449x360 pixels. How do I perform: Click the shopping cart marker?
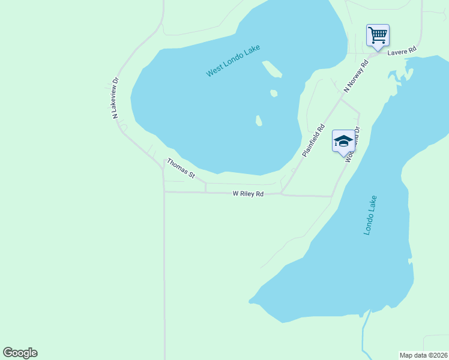(x=378, y=35)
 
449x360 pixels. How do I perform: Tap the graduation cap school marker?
(x=343, y=142)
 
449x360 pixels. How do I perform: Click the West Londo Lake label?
(x=229, y=63)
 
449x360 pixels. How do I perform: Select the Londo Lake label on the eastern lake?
(x=370, y=215)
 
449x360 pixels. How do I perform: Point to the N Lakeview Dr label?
(x=116, y=97)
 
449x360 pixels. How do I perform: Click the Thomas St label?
(x=181, y=168)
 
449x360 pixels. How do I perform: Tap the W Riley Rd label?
(x=249, y=194)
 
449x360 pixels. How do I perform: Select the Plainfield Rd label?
(x=313, y=140)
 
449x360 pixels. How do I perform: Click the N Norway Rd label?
(x=356, y=76)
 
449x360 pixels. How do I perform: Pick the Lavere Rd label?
(x=402, y=52)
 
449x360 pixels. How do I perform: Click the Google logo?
(x=20, y=353)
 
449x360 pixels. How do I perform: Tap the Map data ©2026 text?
(x=423, y=355)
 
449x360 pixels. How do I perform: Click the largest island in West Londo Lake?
(x=271, y=69)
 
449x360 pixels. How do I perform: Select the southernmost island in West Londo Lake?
(x=259, y=121)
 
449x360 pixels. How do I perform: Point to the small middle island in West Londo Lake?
(x=274, y=93)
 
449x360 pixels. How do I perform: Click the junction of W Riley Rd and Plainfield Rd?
(x=282, y=194)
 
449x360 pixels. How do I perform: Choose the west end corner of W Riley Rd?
(x=164, y=192)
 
